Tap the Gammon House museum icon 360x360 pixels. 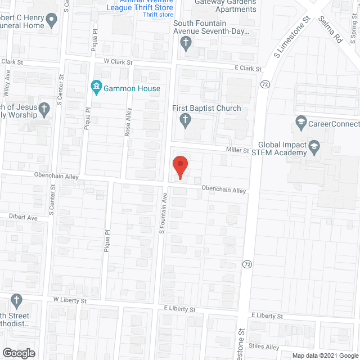click(x=96, y=87)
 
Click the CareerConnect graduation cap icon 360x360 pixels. click(x=300, y=122)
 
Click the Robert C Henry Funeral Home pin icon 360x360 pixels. click(x=52, y=22)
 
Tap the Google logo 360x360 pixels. click(x=18, y=353)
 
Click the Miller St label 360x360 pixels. click(x=237, y=151)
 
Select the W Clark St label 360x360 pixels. click(x=117, y=63)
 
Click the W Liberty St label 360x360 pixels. click(x=70, y=301)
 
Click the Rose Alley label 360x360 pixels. click(x=127, y=123)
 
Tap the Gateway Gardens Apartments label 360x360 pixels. click(x=225, y=6)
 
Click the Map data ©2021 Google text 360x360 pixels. click(x=325, y=355)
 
